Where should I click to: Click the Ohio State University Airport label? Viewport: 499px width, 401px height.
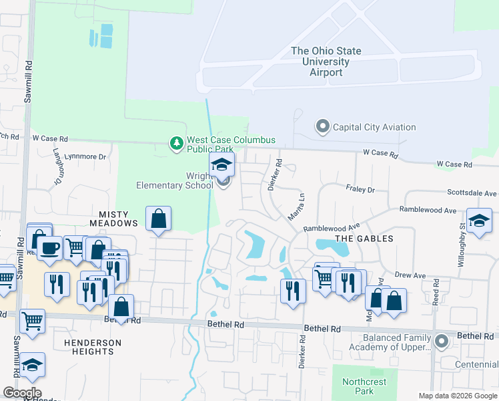pos(326,61)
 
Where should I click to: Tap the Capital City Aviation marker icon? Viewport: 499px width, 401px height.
pos(323,126)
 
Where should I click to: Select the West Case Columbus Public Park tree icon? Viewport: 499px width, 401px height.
pos(176,143)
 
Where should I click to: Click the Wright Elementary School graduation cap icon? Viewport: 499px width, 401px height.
pos(222,164)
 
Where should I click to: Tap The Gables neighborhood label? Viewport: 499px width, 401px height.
pos(364,238)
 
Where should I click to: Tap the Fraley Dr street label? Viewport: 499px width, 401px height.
pos(361,189)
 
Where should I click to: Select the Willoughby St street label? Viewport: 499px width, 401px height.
pos(461,249)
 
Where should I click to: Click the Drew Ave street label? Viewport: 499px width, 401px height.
pos(410,275)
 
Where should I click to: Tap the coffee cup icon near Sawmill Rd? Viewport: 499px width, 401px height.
pos(49,248)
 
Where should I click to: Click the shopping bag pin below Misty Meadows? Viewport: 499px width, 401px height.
pos(158,218)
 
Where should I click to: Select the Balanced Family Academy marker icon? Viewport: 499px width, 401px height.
pos(440,341)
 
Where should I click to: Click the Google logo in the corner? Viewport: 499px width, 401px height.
pos(22,393)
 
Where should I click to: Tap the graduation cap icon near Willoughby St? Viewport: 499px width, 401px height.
pos(479,221)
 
